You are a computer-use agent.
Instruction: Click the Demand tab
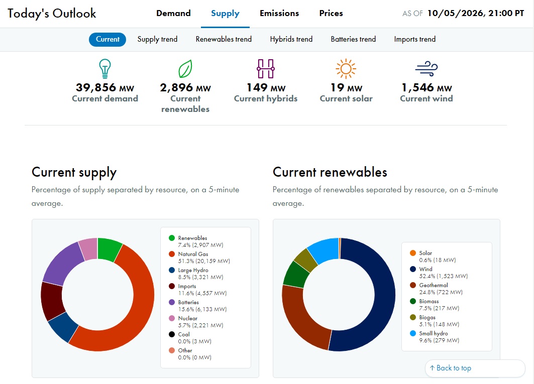click(173, 13)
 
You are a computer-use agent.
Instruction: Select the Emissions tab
click(279, 13)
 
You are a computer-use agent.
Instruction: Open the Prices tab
click(331, 13)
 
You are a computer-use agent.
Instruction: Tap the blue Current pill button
click(108, 39)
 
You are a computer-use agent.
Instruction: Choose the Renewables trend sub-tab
click(224, 39)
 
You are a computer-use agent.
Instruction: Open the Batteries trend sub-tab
click(353, 39)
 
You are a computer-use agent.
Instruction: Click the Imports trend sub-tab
click(415, 39)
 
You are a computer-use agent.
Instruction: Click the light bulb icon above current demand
click(105, 68)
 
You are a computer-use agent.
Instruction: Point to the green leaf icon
click(185, 69)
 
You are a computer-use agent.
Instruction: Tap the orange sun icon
click(346, 68)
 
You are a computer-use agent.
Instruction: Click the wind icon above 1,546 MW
click(426, 68)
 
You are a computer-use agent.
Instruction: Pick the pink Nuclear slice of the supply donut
click(88, 248)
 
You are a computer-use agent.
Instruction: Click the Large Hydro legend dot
click(172, 270)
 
